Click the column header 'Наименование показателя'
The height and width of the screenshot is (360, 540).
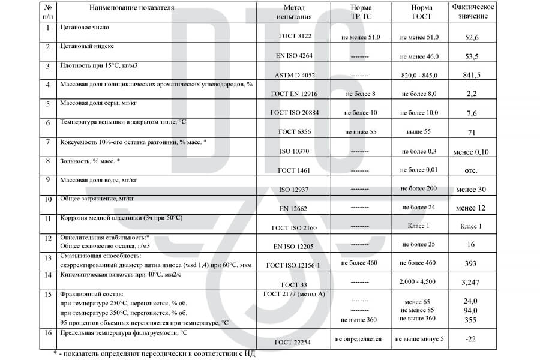pyautogui.click(x=132, y=8)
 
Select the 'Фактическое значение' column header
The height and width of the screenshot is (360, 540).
pyautogui.click(x=473, y=11)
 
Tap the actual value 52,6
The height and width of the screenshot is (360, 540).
pyautogui.click(x=472, y=37)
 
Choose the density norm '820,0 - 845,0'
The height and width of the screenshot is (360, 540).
pyautogui.click(x=419, y=76)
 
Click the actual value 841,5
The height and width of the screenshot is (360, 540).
pyautogui.click(x=472, y=76)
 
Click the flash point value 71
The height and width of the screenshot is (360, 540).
pyautogui.click(x=472, y=132)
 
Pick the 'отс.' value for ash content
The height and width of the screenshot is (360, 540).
pyautogui.click(x=472, y=170)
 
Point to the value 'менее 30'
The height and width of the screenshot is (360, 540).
pyautogui.click(x=471, y=190)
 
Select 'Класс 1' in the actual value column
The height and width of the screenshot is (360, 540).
pyautogui.click(x=471, y=226)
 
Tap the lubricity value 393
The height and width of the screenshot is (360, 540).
pyautogui.click(x=472, y=264)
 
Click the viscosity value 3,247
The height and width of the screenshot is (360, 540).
pyautogui.click(x=472, y=282)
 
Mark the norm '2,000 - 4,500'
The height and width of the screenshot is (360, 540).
pyautogui.click(x=419, y=281)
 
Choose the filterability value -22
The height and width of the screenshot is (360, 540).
pyautogui.click(x=472, y=340)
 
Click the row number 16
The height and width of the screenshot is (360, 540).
pyautogui.click(x=48, y=332)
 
